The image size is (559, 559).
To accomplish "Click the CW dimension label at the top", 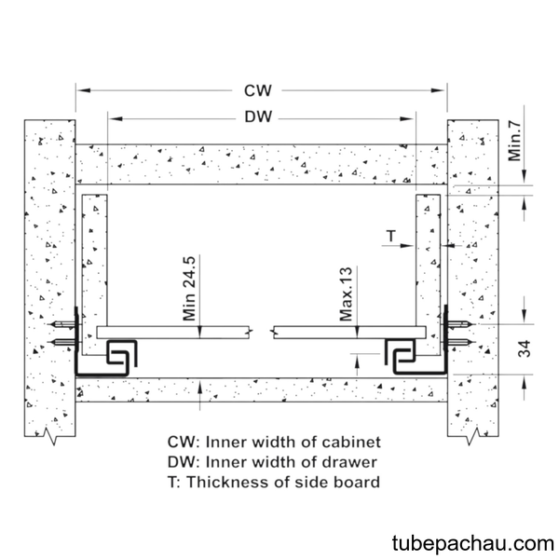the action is tap(258, 90).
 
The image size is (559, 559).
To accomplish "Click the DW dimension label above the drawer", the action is tap(258, 117).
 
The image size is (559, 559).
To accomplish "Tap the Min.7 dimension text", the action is tap(514, 142).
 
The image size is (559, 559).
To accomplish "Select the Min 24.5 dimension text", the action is tap(189, 288).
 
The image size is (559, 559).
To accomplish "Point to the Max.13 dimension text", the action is tap(346, 293).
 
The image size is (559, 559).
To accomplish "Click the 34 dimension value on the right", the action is tap(525, 349).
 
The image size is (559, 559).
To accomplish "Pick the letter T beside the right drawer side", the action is tap(391, 236).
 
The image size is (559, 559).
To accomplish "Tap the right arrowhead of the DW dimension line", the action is tap(407, 118).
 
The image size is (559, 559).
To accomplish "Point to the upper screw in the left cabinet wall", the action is tap(61, 324).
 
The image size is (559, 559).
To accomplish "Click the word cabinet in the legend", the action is tap(351, 442).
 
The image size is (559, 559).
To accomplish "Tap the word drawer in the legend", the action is tap(349, 462).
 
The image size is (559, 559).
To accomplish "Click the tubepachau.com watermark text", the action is tap(473, 544).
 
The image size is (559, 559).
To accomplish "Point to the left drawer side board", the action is tap(94, 275).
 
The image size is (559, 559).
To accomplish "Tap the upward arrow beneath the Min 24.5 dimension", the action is tap(199, 395).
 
